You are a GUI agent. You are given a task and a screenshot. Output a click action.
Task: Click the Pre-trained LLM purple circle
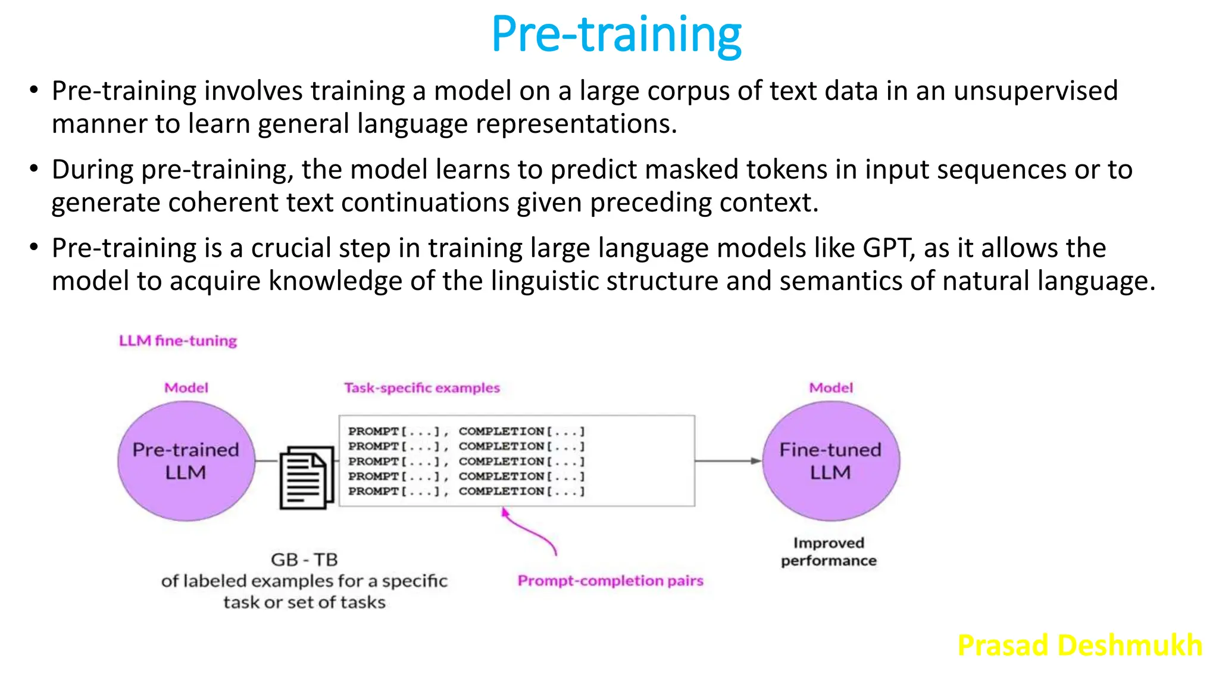point(186,461)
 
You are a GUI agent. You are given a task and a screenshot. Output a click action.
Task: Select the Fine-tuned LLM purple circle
point(831,461)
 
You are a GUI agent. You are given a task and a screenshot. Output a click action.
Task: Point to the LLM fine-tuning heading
point(178,341)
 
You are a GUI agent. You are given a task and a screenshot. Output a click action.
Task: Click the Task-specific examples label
point(422,388)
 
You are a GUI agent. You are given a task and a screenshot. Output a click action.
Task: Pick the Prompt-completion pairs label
point(610,581)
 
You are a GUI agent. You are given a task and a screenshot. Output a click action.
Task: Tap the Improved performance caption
point(829,551)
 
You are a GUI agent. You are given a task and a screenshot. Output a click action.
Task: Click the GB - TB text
point(304,560)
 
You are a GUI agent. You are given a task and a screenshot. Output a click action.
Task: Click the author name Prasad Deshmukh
point(1080,645)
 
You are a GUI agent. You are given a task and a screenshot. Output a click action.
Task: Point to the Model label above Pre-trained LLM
point(186,388)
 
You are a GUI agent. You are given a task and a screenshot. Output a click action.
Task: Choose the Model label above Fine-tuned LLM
point(831,388)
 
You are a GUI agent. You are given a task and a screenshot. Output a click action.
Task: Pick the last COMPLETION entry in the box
point(521,491)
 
